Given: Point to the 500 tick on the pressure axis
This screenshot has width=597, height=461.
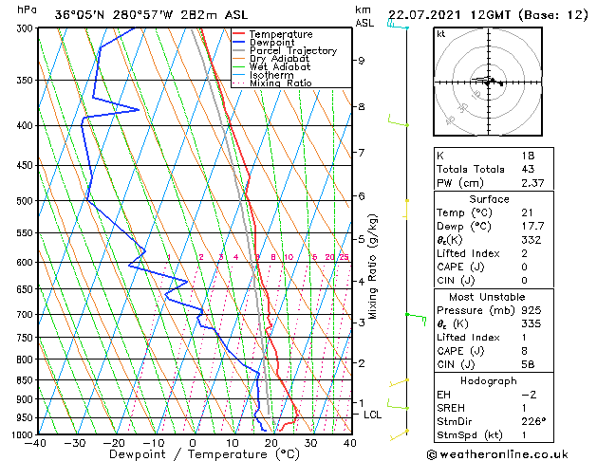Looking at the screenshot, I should (26, 201).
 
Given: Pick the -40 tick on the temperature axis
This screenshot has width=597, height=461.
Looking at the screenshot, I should (37, 443).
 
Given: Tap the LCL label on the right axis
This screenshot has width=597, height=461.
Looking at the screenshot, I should (373, 415).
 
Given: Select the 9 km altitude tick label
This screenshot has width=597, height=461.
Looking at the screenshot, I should (362, 61).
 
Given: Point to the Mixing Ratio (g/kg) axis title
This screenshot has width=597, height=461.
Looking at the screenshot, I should (374, 267).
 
